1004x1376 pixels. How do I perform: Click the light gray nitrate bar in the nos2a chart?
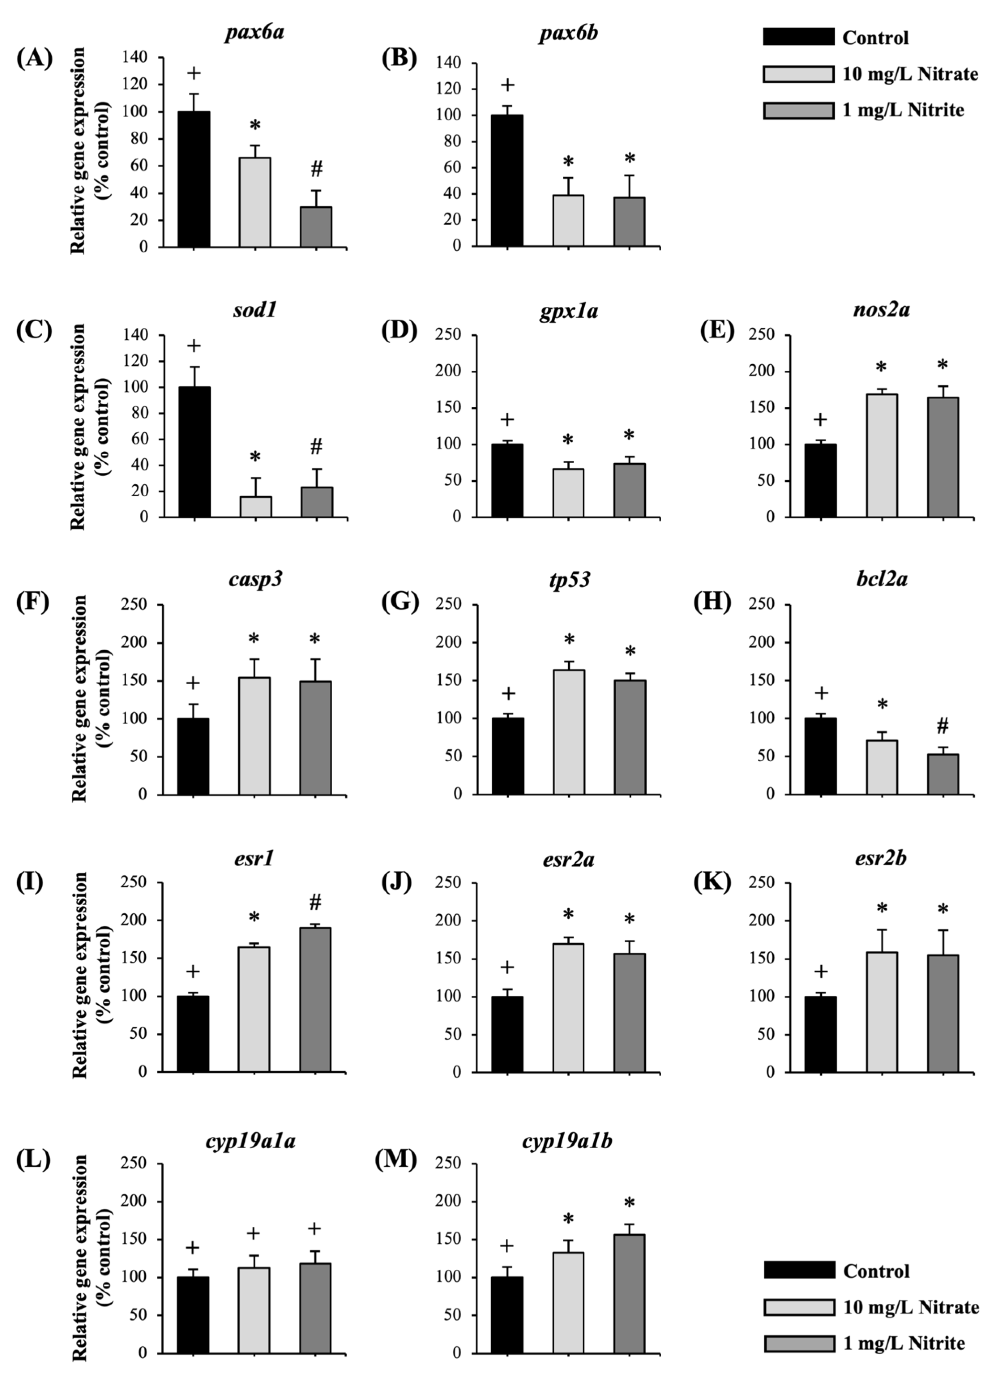881,456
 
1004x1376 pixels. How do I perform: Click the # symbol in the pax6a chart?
316,170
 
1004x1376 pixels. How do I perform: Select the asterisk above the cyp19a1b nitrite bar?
629,1203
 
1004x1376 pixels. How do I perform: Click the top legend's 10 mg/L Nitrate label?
910,74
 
